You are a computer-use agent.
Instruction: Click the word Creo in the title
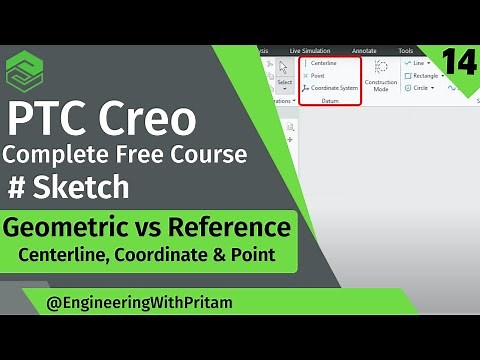pyautogui.click(x=148, y=119)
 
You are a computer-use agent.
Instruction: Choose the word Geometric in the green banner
pyautogui.click(x=69, y=228)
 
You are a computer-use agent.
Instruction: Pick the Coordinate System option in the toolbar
pyautogui.click(x=332, y=88)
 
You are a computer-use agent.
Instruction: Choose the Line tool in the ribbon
pyautogui.click(x=415, y=63)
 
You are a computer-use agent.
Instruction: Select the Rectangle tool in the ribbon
pyautogui.click(x=424, y=75)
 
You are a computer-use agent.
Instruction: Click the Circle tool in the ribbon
pyautogui.click(x=419, y=87)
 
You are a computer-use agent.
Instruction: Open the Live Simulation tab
pyautogui.click(x=310, y=50)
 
